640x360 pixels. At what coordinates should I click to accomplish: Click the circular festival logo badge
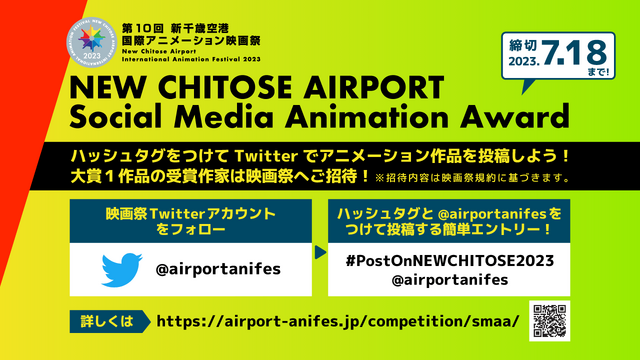pos(95,46)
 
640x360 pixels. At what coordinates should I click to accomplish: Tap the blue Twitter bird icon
pos(124,270)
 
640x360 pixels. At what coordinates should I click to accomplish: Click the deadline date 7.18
pos(583,50)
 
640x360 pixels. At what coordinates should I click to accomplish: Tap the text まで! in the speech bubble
pos(596,72)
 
